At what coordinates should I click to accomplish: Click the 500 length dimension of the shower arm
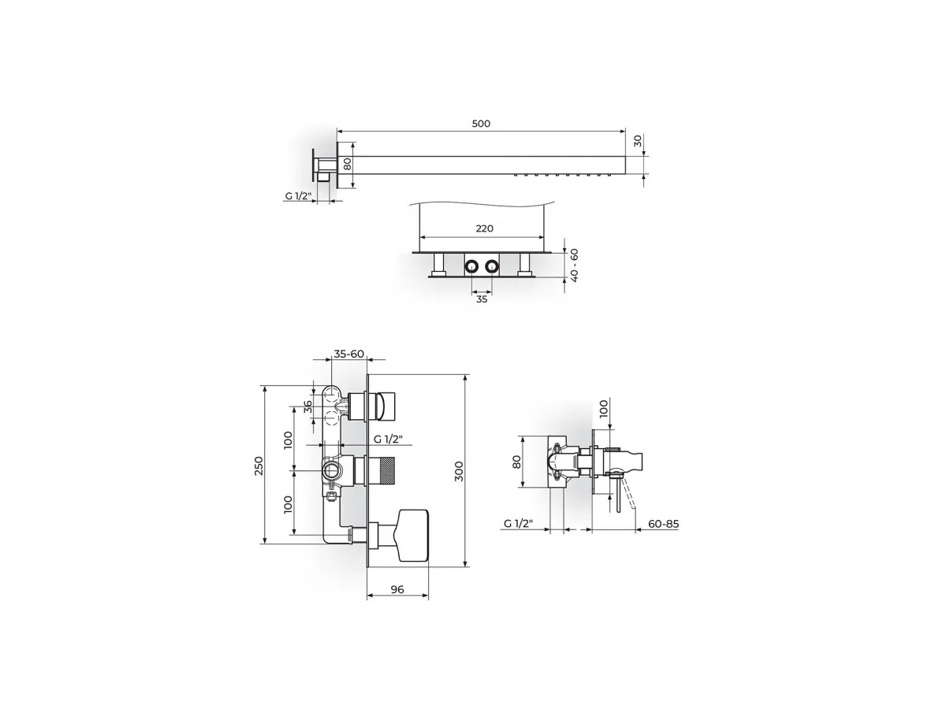(x=481, y=124)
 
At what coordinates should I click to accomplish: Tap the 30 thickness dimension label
(x=638, y=140)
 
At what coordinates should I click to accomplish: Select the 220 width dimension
(x=484, y=228)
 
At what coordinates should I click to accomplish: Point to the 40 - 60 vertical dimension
(x=574, y=265)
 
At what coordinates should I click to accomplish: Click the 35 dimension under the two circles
(x=482, y=299)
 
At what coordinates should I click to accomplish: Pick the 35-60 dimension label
(x=348, y=354)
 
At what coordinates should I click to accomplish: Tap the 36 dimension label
(x=307, y=406)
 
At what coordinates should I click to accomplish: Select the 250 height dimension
(x=258, y=466)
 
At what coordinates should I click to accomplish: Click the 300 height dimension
(x=459, y=471)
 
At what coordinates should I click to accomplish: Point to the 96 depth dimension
(x=397, y=589)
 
